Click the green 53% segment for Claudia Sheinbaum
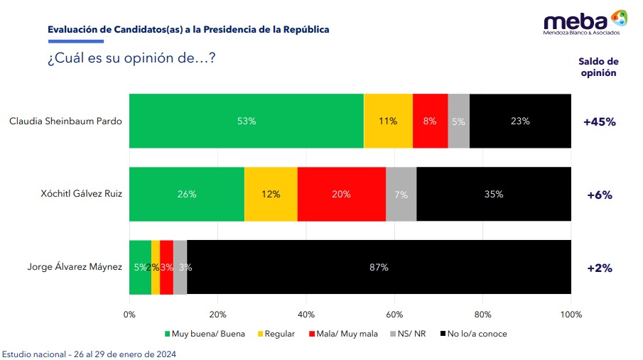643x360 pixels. click(x=247, y=121)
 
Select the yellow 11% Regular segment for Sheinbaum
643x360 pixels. click(x=388, y=121)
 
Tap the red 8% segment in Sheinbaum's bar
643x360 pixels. click(x=430, y=121)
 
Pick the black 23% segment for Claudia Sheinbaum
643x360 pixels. click(x=520, y=121)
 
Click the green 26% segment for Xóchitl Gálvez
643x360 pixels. click(x=187, y=194)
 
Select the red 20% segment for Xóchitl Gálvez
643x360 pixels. click(x=341, y=194)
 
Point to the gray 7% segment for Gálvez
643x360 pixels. click(x=401, y=194)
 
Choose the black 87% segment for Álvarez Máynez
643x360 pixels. click(x=379, y=267)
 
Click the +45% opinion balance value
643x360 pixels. click(x=599, y=121)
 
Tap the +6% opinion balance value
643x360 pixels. click(x=599, y=195)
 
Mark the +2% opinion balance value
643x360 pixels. click(x=599, y=268)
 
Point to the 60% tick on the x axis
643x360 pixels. click(x=394, y=315)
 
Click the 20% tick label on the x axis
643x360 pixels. click(x=217, y=315)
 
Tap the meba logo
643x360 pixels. click(x=585, y=23)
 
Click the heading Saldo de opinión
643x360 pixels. click(x=598, y=67)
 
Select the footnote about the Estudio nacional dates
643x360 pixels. click(x=89, y=354)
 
